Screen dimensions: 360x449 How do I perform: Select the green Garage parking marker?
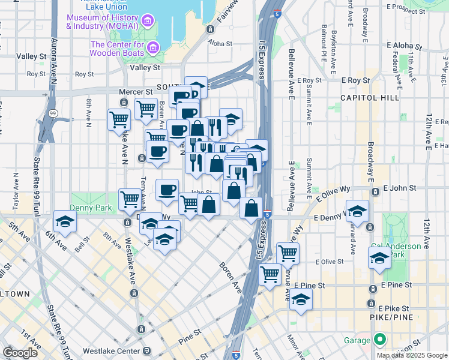(x=379, y=340)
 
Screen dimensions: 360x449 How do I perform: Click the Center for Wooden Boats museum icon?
(x=153, y=46)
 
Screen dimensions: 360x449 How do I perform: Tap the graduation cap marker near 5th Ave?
(x=65, y=221)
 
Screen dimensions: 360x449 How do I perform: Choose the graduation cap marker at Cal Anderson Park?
(x=379, y=258)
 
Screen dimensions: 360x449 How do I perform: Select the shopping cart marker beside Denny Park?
(x=130, y=200)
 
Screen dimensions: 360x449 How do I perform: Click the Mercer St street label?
(x=140, y=92)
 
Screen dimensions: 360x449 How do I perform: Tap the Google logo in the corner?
(x=20, y=352)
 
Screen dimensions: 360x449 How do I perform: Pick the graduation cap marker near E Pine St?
(x=301, y=299)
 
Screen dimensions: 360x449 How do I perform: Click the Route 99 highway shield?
(x=53, y=112)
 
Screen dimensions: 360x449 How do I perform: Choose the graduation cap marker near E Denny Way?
(x=357, y=211)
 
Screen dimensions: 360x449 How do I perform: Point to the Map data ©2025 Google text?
(x=412, y=355)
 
